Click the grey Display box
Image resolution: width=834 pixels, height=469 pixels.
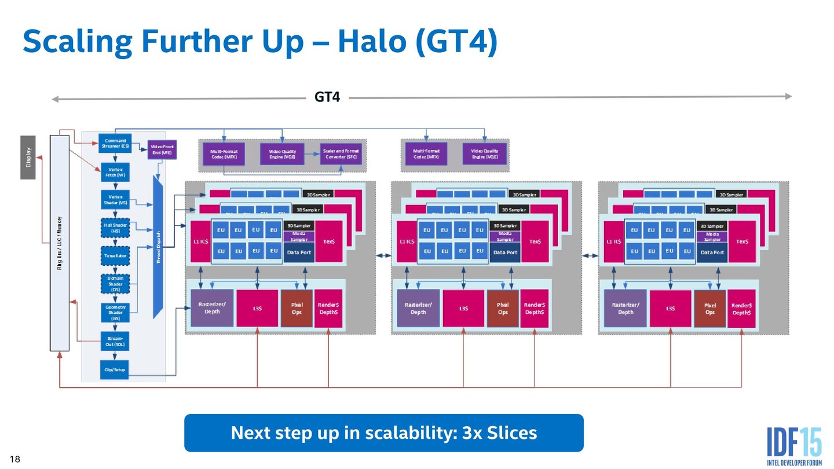pyautogui.click(x=28, y=157)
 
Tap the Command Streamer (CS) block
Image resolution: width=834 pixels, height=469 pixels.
pyautogui.click(x=115, y=143)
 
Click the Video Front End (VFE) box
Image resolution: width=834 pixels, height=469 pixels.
pyautogui.click(x=162, y=149)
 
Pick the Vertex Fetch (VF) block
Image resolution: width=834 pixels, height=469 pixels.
pyautogui.click(x=115, y=171)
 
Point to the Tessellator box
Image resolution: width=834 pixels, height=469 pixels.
pyautogui.click(x=115, y=255)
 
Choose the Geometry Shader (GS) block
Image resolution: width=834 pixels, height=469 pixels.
pyautogui.click(x=115, y=313)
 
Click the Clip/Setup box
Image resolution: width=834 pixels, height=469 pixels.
pyautogui.click(x=115, y=369)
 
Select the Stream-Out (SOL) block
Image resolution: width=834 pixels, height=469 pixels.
pyautogui.click(x=115, y=340)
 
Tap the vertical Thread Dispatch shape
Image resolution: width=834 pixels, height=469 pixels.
pyautogui.click(x=158, y=248)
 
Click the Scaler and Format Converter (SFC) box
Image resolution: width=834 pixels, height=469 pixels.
pyautogui.click(x=341, y=154)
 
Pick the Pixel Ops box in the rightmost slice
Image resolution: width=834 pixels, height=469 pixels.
pyautogui.click(x=709, y=309)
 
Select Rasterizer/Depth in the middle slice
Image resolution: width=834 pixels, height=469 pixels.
pyautogui.click(x=418, y=309)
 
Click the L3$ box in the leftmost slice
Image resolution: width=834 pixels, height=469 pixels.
pyautogui.click(x=257, y=309)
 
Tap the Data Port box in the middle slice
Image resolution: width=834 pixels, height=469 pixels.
pyautogui.click(x=505, y=252)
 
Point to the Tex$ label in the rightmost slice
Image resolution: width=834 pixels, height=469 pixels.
pyautogui.click(x=742, y=241)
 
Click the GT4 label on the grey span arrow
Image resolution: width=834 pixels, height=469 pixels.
pyautogui.click(x=327, y=97)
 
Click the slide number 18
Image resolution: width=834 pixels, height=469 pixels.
pyautogui.click(x=15, y=460)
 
